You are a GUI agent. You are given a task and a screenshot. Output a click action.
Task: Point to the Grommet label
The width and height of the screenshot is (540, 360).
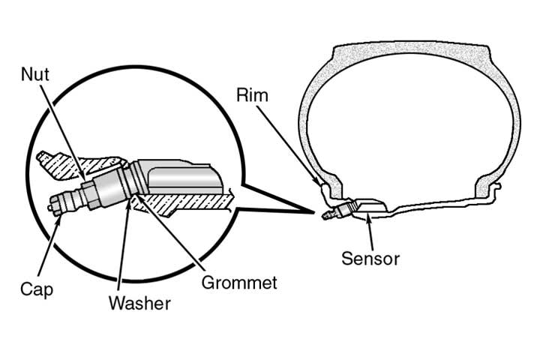coord(239,283)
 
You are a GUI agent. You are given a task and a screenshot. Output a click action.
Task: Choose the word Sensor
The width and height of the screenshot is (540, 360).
coord(370,259)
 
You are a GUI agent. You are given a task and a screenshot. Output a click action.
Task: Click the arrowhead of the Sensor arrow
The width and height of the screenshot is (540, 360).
coord(367,214)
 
